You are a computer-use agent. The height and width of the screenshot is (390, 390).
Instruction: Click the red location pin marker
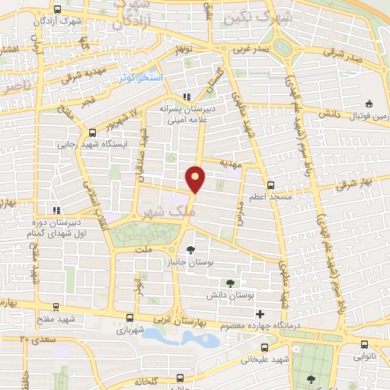[x=197, y=177]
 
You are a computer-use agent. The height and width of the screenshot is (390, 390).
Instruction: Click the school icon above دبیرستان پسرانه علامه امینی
[x=187, y=97]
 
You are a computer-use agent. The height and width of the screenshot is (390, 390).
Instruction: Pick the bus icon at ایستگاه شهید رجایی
[x=93, y=131]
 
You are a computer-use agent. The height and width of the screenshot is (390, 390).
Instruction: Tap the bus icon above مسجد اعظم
[x=270, y=185]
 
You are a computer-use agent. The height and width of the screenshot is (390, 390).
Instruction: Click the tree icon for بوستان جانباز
[x=190, y=250]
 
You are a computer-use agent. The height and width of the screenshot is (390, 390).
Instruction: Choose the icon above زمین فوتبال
[x=369, y=104]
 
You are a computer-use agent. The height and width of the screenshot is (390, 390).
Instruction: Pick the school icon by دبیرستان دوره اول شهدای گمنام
[x=54, y=210]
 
